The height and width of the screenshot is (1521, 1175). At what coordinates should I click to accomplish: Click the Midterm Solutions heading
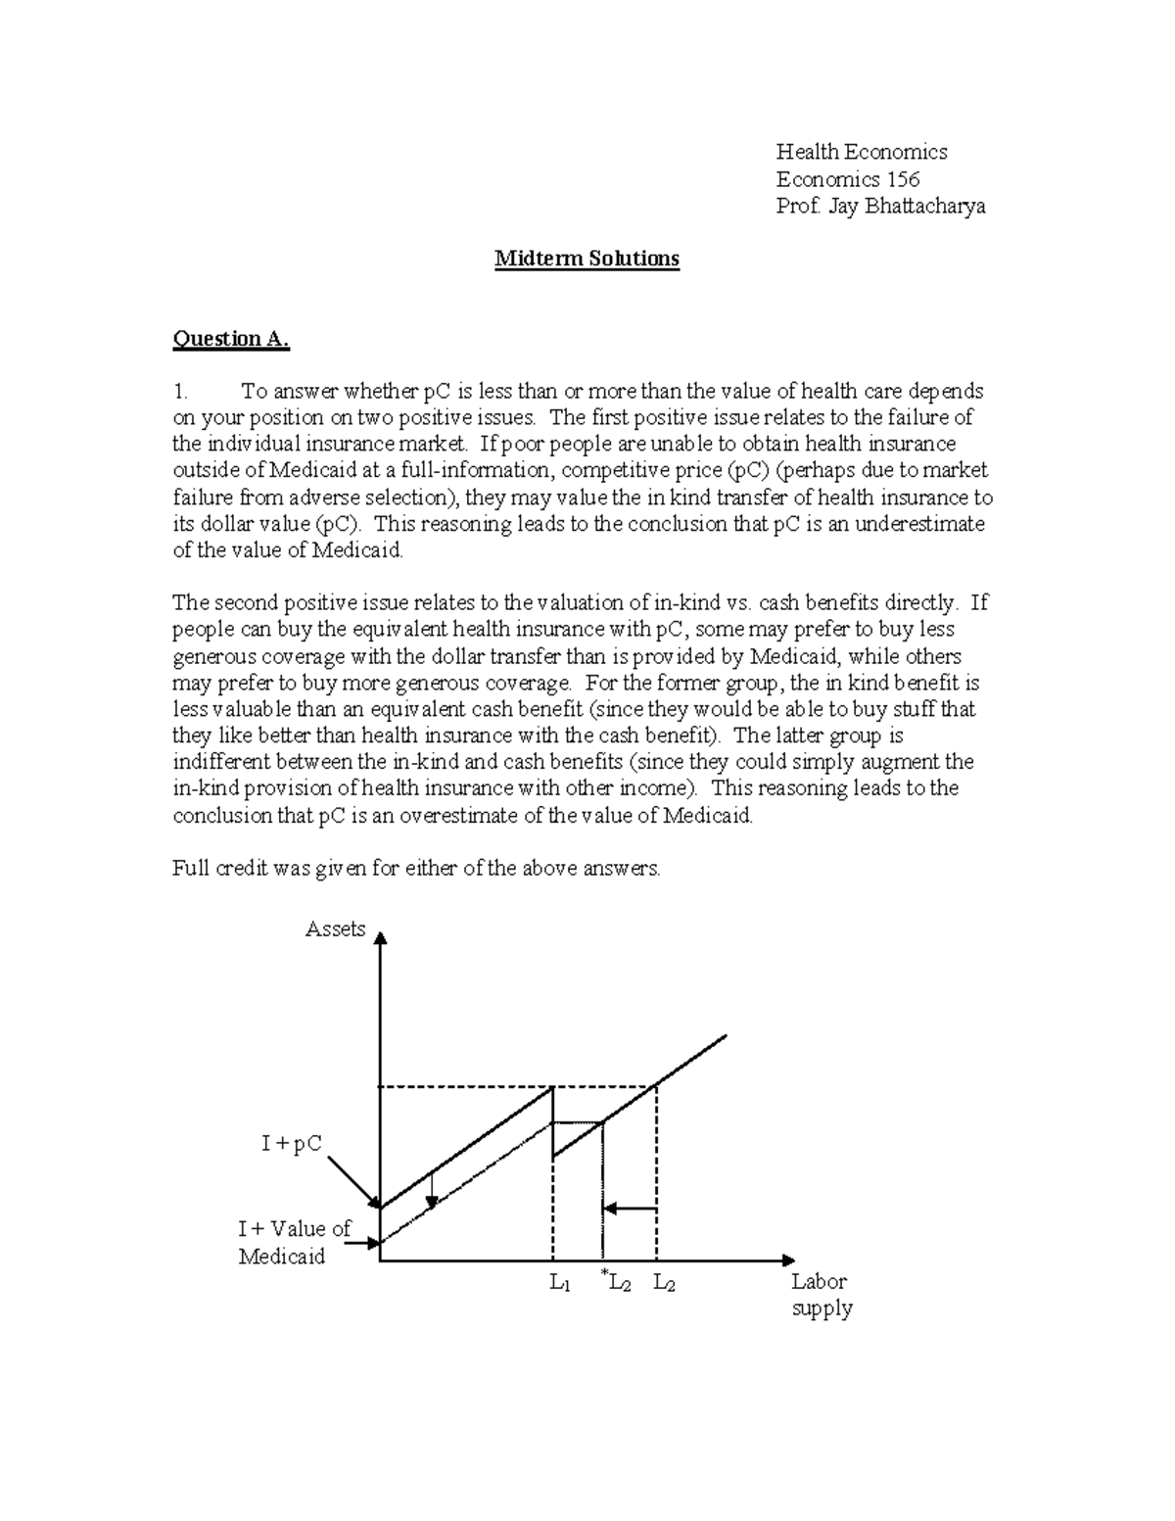pos(587,260)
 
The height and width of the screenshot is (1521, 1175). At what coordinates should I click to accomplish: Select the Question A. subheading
pos(231,339)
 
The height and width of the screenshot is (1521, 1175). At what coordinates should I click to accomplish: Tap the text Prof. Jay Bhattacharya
pos(880,207)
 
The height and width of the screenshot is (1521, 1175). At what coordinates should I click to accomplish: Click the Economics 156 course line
pos(847,179)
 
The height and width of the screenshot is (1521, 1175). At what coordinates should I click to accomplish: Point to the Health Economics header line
pos(862,152)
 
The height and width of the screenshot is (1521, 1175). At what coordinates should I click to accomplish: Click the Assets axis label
pos(335,929)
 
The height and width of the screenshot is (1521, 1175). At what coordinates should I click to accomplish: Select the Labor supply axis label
pos(822,1295)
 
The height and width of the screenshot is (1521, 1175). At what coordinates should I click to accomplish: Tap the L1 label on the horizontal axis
pos(560,1283)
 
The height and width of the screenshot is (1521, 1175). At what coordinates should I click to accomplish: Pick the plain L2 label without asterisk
pos(664,1283)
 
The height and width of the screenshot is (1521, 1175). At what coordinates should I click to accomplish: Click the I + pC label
pos(292,1143)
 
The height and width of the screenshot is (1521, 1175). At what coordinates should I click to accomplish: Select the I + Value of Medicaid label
pos(294,1243)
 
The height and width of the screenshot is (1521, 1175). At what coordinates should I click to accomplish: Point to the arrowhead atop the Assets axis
pos(381,938)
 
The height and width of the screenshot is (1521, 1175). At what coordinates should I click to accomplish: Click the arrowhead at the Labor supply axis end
pos(788,1260)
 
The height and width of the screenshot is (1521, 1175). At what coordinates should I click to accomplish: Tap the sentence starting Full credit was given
pos(416,868)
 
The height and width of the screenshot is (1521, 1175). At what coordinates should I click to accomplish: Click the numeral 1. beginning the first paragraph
pos(179,392)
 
